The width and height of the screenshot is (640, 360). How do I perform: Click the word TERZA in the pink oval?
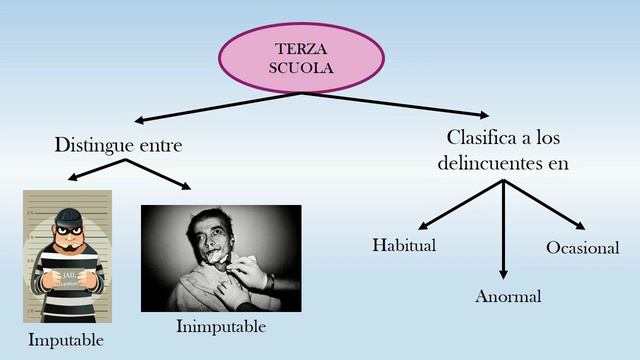pyautogui.click(x=301, y=49)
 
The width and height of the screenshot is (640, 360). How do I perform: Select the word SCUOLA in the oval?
pyautogui.click(x=301, y=68)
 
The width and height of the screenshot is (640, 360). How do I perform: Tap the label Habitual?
pyautogui.click(x=404, y=245)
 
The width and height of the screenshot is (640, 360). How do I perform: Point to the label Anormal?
pyautogui.click(x=508, y=296)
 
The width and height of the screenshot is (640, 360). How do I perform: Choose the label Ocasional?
pyautogui.click(x=583, y=248)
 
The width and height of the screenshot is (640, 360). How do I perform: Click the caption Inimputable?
pyautogui.click(x=221, y=327)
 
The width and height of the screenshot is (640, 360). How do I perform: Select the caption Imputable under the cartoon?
pyautogui.click(x=66, y=341)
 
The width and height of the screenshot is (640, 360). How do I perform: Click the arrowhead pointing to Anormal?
pyautogui.click(x=503, y=274)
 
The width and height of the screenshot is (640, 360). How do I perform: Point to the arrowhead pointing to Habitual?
pyautogui.click(x=423, y=226)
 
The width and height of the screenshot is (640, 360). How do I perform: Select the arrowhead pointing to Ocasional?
pyautogui.click(x=580, y=225)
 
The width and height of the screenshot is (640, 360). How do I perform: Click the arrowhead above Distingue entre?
pyautogui.click(x=139, y=120)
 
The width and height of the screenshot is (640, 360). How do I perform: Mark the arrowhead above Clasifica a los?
pyautogui.click(x=484, y=115)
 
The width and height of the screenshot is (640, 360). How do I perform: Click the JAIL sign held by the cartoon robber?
pyautogui.click(x=68, y=278)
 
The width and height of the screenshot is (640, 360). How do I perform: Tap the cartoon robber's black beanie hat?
pyautogui.click(x=68, y=217)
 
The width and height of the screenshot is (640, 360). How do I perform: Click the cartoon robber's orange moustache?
pyautogui.click(x=69, y=246)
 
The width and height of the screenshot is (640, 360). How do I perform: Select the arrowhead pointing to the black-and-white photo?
pyautogui.click(x=186, y=186)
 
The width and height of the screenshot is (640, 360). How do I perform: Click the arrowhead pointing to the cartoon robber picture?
pyautogui.click(x=73, y=177)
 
